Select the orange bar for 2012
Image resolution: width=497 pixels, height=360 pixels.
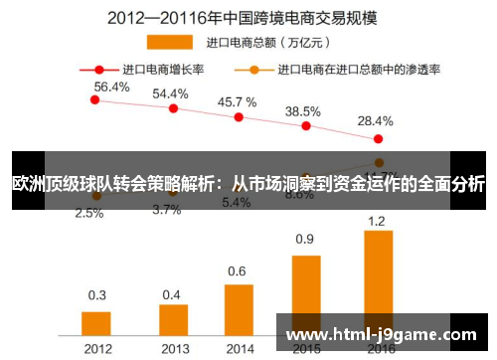tap(96, 324)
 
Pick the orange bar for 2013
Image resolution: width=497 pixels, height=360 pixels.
tap(173, 320)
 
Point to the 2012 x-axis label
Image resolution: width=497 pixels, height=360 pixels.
tap(96, 348)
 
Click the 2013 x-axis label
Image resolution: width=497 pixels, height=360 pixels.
tap(173, 348)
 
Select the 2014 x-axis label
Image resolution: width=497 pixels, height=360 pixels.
tap(239, 348)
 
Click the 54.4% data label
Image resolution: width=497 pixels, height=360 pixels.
tap(170, 92)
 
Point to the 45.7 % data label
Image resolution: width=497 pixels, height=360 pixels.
tap(237, 101)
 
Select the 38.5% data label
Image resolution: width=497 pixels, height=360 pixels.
tap(303, 111)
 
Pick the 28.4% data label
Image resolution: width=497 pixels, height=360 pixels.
tap(375, 120)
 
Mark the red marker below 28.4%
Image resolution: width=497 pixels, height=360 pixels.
tap(378, 138)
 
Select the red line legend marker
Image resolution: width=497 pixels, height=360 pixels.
tap(99, 70)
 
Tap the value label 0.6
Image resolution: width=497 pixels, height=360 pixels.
tap(237, 270)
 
